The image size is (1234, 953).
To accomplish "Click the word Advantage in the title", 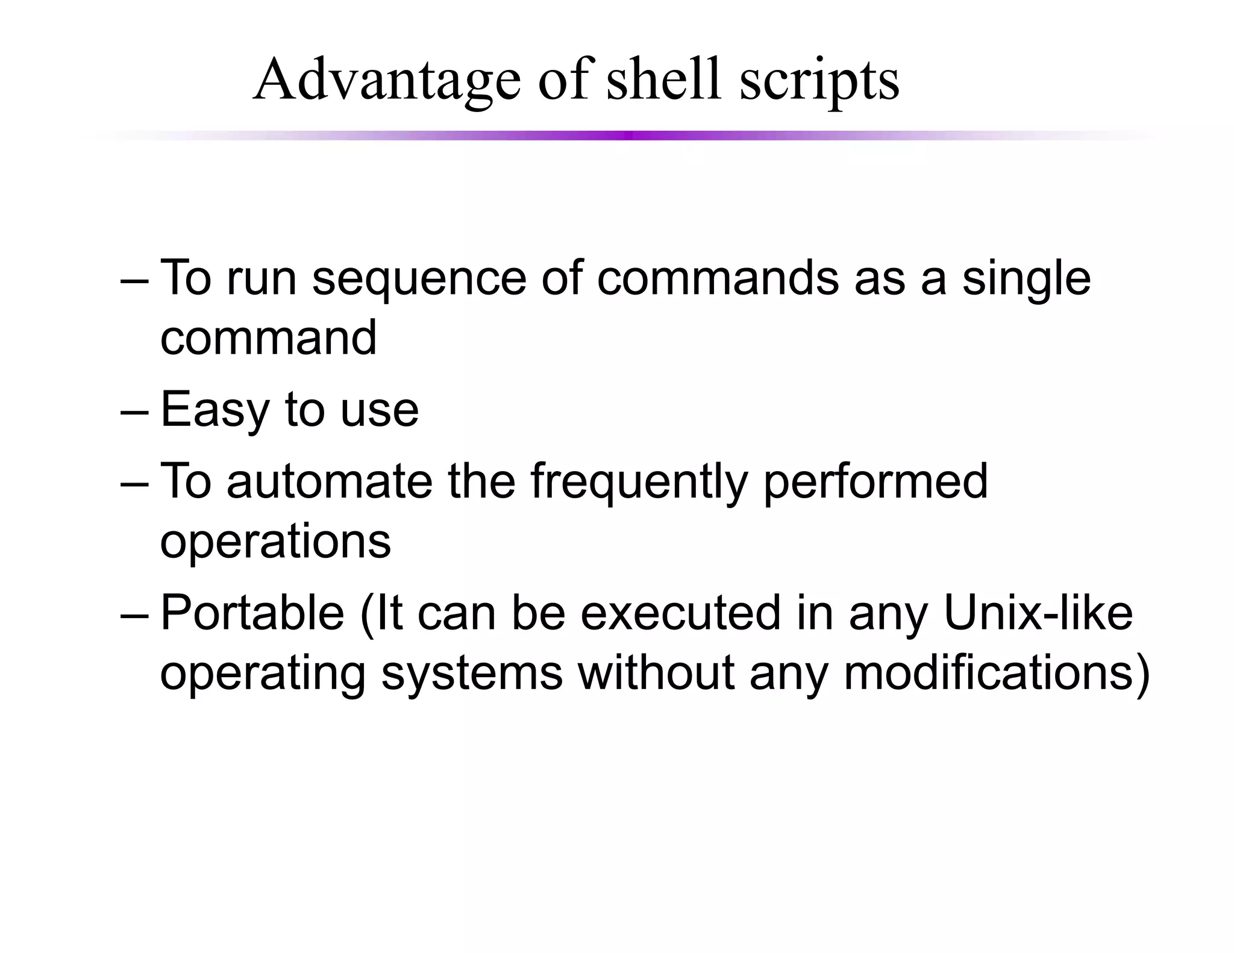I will [387, 80].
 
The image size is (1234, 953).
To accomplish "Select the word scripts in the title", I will [819, 81].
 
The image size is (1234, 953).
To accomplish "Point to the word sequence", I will [419, 279].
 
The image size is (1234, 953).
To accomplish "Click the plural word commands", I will [718, 278].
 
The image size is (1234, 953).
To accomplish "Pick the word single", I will [1026, 279].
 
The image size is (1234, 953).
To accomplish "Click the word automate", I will [330, 481].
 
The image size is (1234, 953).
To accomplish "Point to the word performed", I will [875, 483].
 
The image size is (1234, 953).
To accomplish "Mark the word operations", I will [275, 541].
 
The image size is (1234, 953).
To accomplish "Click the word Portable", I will [252, 613].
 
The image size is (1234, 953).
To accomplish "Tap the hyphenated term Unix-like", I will [1038, 613].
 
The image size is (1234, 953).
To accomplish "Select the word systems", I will [472, 673].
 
